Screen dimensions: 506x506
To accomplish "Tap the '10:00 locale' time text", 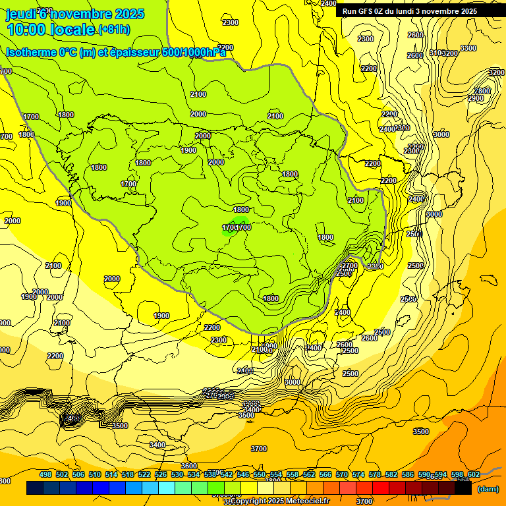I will point(51,30).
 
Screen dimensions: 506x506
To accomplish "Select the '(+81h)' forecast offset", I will point(114,30).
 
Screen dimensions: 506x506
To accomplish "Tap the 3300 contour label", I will point(468,48).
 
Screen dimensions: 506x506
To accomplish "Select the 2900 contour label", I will point(476,98).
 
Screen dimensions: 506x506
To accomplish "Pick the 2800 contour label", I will point(482,91).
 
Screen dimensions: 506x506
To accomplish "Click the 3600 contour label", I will point(189,466).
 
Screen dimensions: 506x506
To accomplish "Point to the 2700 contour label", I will point(349,266).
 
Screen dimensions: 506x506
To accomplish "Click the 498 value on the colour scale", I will point(45,474).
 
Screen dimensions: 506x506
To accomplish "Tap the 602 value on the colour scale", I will point(473,474).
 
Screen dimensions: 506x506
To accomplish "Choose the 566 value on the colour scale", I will point(325,474).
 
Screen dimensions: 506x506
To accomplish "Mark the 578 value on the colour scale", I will point(375,474).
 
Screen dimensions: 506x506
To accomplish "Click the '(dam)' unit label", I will point(487,489).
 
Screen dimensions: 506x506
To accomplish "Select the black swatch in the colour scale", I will point(463,488).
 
